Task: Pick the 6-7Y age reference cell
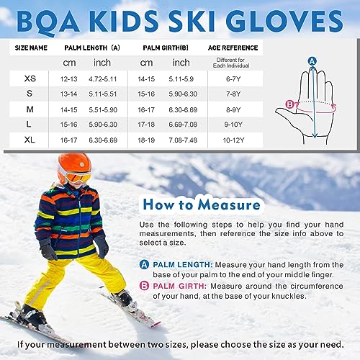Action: tap(235, 77)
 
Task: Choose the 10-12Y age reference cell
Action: tap(235, 138)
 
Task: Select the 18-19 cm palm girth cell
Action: tap(146, 138)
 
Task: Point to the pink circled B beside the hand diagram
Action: tap(290, 104)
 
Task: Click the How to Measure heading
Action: tap(201, 205)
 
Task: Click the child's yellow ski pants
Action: tap(72, 277)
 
